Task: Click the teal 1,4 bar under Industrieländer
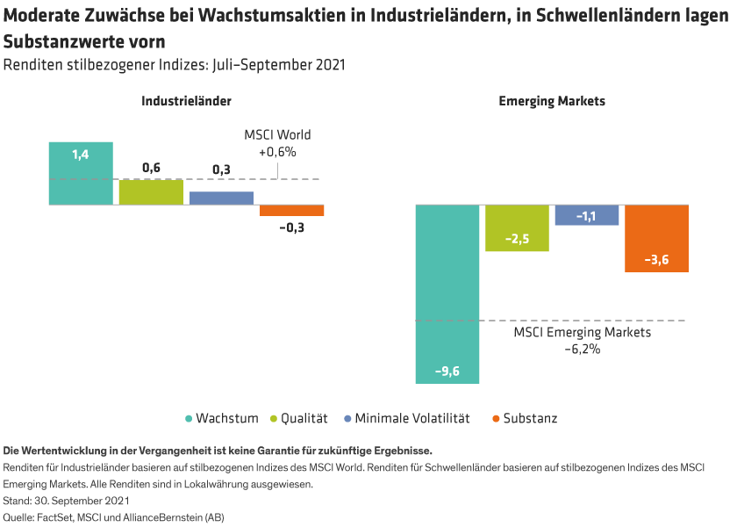click(x=81, y=173)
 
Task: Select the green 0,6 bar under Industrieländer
click(x=151, y=191)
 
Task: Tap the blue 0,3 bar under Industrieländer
click(x=221, y=198)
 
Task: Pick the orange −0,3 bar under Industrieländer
click(x=292, y=210)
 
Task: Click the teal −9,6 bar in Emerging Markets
click(x=447, y=293)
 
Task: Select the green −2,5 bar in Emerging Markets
click(x=518, y=228)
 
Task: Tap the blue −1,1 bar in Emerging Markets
click(x=588, y=215)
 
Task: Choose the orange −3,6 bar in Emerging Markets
click(x=656, y=238)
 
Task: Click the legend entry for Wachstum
click(x=222, y=418)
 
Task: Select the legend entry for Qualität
click(x=303, y=418)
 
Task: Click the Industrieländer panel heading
click(x=187, y=101)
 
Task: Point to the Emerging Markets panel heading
click(x=552, y=101)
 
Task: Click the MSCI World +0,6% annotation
click(x=277, y=143)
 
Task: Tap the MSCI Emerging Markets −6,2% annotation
click(x=582, y=341)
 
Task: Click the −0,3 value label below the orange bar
click(x=292, y=227)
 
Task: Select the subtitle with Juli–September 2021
click(x=174, y=65)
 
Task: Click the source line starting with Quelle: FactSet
click(x=114, y=517)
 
